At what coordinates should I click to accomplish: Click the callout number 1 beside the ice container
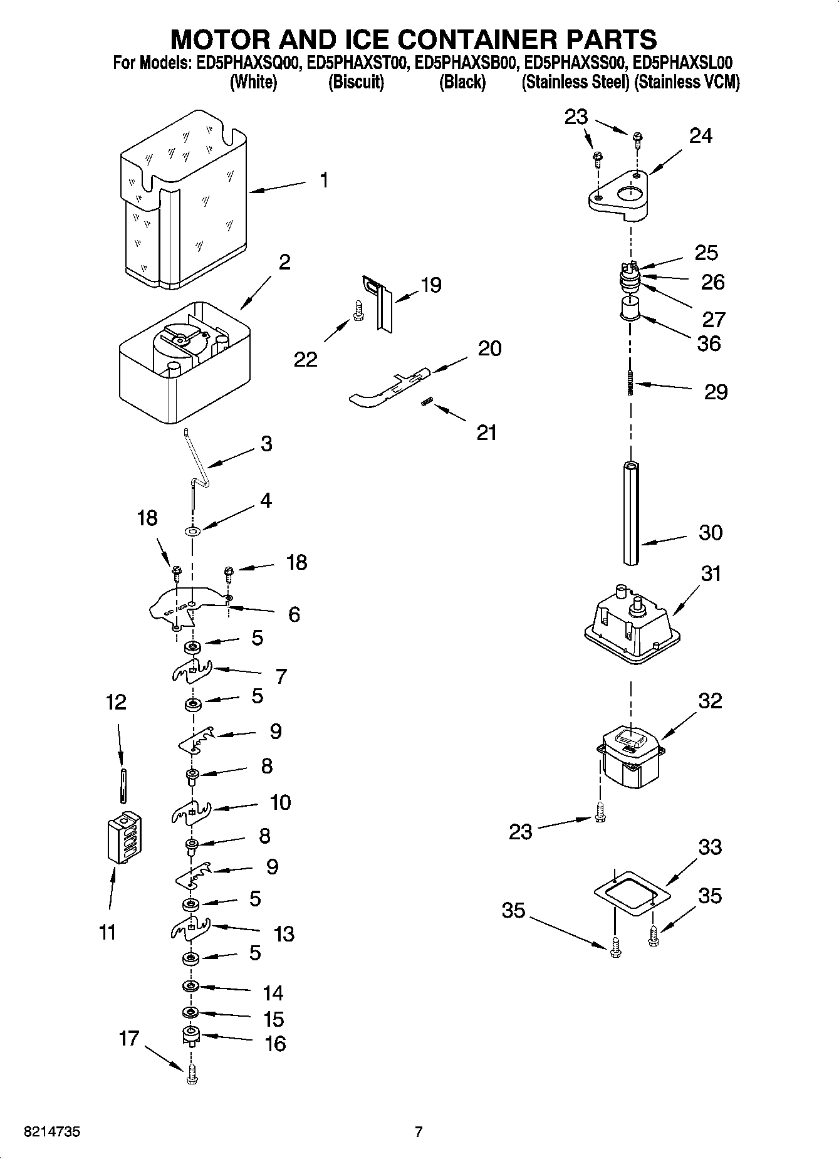pyautogui.click(x=323, y=181)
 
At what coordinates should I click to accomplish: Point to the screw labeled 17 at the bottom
pyautogui.click(x=191, y=1076)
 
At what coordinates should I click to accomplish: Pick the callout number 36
pyautogui.click(x=709, y=344)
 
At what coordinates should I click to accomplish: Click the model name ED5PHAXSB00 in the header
pyautogui.click(x=465, y=63)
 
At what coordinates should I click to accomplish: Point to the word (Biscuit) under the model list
pyautogui.click(x=356, y=82)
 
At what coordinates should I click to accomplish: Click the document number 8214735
pyautogui.click(x=51, y=1133)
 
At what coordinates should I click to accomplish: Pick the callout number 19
pyautogui.click(x=430, y=285)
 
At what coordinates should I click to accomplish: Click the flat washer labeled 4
pyautogui.click(x=192, y=532)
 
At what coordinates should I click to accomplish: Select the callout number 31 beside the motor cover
pyautogui.click(x=711, y=573)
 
